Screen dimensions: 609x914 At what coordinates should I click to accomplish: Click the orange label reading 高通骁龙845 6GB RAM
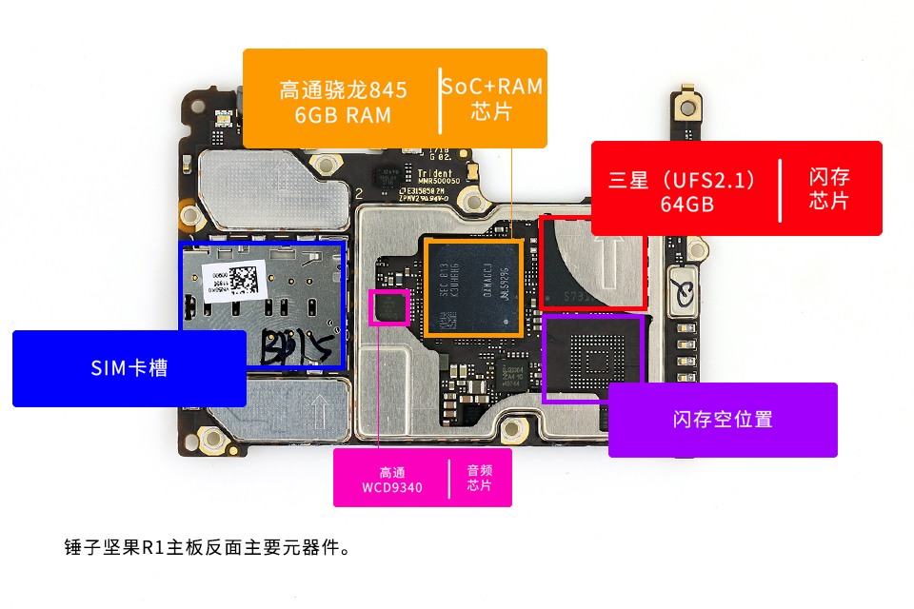[x=344, y=102]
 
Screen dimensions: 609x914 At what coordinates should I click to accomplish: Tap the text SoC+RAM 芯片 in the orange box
[x=491, y=98]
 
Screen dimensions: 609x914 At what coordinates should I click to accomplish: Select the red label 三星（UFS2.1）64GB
[x=684, y=190]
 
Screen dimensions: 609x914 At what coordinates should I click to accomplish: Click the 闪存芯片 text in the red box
[x=829, y=188]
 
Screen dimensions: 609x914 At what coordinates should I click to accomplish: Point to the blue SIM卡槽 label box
[x=129, y=368]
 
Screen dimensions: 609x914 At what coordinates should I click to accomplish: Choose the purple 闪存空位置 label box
[x=723, y=420]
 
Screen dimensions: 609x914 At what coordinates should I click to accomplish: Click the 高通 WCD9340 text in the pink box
[x=392, y=481]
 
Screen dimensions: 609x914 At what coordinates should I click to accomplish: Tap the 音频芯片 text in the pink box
[x=480, y=478]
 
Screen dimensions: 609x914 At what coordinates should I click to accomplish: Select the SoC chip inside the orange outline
[x=473, y=286]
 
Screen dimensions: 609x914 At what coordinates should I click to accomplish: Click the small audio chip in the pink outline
[x=389, y=308]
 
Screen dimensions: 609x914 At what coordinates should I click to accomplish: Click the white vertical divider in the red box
[x=780, y=189]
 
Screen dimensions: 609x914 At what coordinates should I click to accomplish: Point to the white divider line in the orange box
[x=440, y=100]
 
